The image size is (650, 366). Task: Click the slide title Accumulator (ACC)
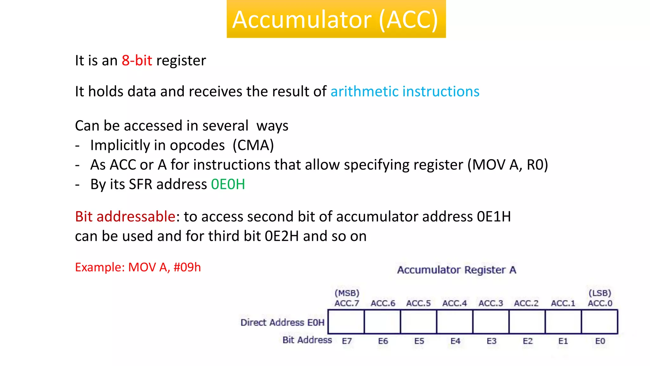click(335, 20)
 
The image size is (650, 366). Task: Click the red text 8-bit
click(137, 60)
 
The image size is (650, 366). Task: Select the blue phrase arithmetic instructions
click(405, 91)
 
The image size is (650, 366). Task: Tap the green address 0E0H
click(228, 184)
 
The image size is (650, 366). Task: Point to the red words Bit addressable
click(125, 217)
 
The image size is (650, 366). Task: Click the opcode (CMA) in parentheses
click(253, 146)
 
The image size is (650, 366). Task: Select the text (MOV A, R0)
click(507, 165)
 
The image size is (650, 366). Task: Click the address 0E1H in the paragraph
click(494, 217)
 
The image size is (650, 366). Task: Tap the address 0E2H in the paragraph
click(282, 236)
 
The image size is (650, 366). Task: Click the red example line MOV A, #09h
click(138, 267)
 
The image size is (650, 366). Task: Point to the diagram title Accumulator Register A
click(456, 270)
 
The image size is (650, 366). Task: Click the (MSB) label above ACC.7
click(347, 293)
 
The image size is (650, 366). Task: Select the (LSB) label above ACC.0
click(600, 293)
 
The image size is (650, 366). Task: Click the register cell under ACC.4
click(454, 322)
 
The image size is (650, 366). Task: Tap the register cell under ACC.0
click(599, 322)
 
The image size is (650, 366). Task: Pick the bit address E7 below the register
click(347, 341)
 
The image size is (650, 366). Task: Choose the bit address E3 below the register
click(491, 341)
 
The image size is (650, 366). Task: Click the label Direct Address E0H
click(282, 322)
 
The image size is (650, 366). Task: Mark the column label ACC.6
click(383, 303)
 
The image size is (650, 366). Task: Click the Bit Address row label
click(307, 340)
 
